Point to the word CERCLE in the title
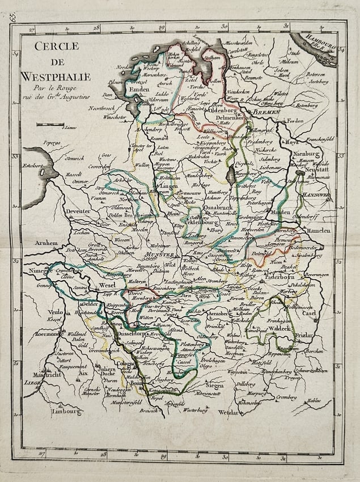coord(57,46)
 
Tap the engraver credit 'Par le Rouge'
coord(49,88)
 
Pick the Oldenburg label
coord(218,110)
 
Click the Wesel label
coord(107,285)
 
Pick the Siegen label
coord(214,384)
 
